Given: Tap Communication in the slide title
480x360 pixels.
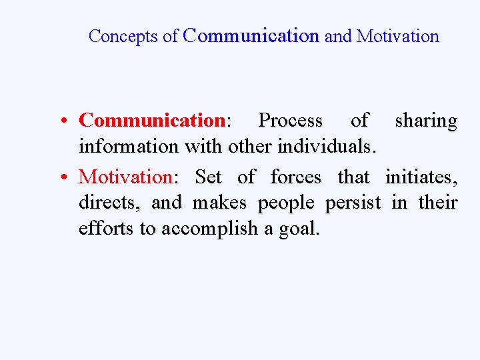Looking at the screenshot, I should [x=251, y=36].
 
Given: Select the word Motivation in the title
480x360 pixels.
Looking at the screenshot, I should [x=398, y=36].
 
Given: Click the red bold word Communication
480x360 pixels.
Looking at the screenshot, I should [x=153, y=121].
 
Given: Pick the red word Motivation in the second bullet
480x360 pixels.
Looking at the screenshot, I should [x=125, y=177].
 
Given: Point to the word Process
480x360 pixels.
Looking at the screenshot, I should [x=290, y=121].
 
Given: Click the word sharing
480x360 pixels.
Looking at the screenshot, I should [x=426, y=121].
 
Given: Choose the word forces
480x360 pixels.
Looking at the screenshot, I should [x=295, y=177].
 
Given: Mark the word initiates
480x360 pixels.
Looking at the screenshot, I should [x=421, y=177].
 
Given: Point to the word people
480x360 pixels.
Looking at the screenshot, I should [x=285, y=203].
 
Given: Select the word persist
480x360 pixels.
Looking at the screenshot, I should [x=353, y=203].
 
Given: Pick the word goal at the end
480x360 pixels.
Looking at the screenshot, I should [x=303, y=229].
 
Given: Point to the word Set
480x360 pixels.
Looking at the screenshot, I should [x=209, y=177].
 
